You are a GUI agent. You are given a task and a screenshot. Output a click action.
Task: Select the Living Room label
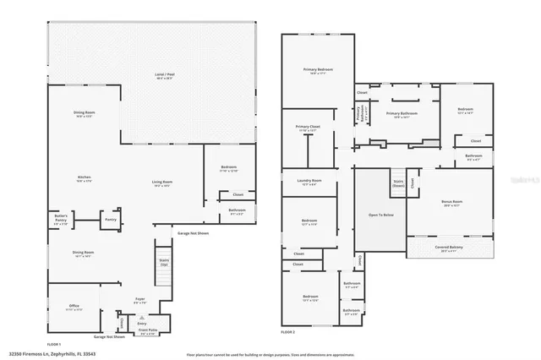point(162,183)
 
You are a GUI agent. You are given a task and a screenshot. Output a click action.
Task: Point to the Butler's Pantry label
point(61,218)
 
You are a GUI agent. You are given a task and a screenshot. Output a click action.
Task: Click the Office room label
point(74,307)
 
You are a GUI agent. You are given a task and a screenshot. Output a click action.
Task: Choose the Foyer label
point(140,300)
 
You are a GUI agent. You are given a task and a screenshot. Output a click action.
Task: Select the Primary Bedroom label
point(319,71)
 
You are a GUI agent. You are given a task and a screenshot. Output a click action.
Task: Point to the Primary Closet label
point(307,128)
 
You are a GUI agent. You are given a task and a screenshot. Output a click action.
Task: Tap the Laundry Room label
point(309,182)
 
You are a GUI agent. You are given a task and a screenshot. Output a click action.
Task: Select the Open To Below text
point(379,215)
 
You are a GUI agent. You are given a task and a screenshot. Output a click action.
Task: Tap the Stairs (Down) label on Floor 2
point(397,183)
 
